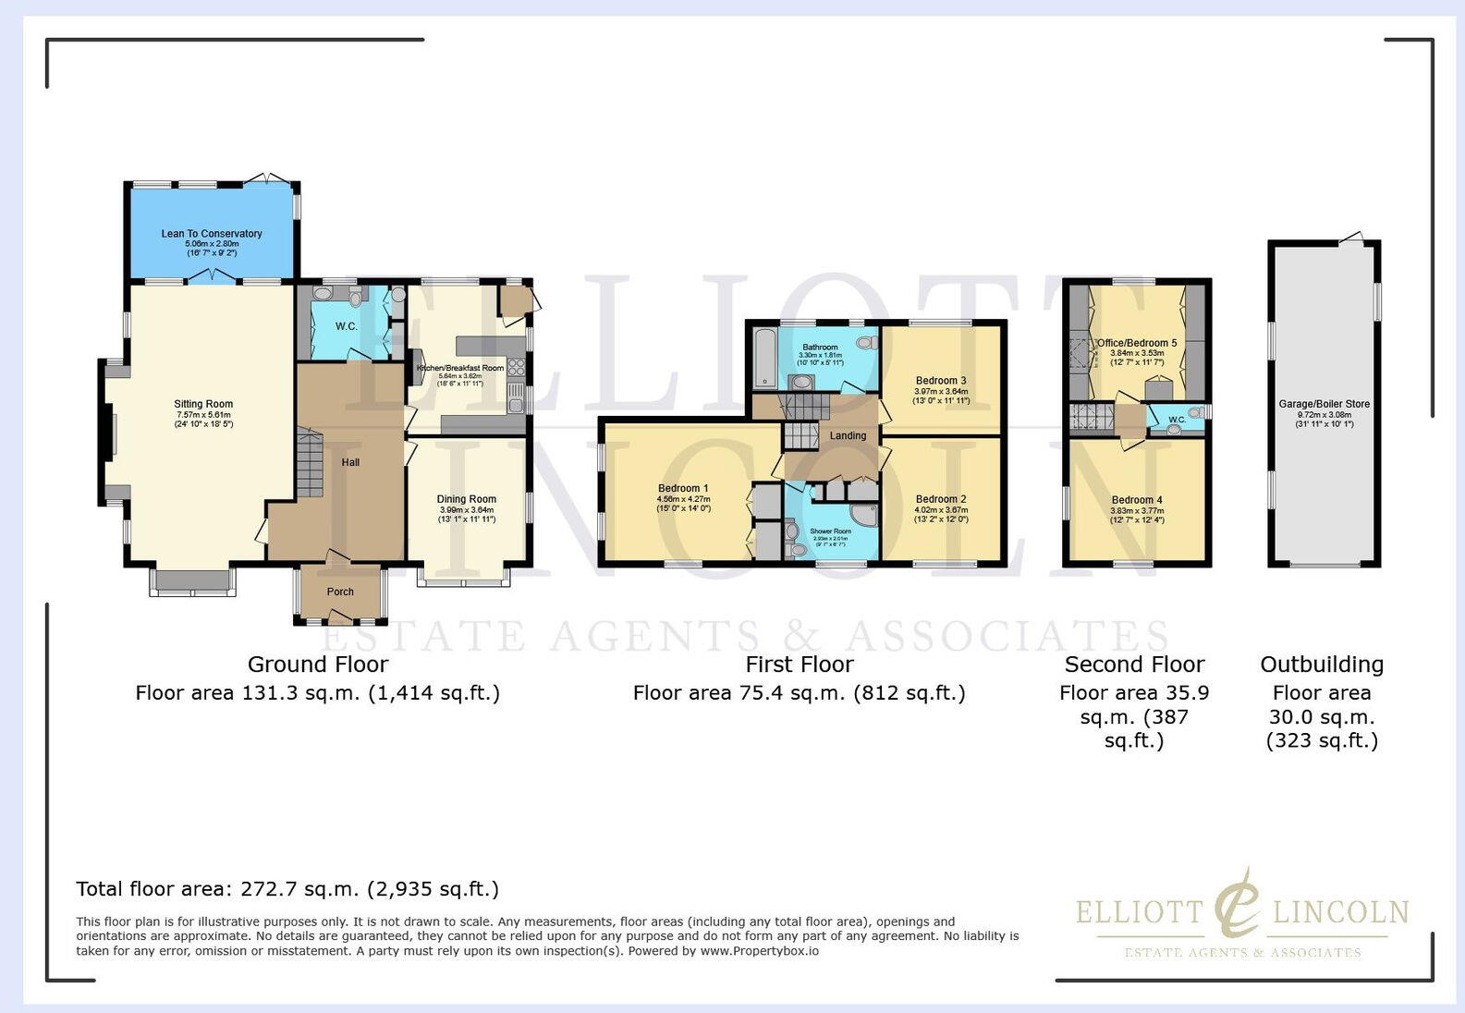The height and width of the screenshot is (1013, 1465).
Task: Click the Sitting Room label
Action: (203, 404)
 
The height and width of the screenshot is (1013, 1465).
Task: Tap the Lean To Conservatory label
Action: (212, 234)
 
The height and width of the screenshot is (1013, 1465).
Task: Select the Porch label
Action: (340, 592)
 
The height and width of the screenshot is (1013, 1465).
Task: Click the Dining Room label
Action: (466, 499)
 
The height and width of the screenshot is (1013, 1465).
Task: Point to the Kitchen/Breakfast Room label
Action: (460, 368)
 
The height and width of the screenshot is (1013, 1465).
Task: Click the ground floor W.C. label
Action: (346, 326)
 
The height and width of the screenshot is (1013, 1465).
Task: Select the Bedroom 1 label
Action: (683, 488)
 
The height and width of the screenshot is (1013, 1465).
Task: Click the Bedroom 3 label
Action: (941, 380)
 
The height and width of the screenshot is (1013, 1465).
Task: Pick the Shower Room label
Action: (830, 531)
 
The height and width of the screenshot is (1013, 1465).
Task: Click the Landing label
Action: (848, 435)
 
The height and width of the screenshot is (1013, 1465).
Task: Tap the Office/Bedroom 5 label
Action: (1137, 343)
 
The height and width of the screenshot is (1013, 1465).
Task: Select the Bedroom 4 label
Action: (1137, 500)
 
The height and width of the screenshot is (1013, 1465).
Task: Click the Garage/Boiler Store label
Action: (1324, 404)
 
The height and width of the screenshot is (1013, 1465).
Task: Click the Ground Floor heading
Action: (318, 665)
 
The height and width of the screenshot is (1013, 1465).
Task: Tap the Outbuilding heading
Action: (1322, 665)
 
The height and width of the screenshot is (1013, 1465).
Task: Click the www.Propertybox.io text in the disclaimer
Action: (759, 950)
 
